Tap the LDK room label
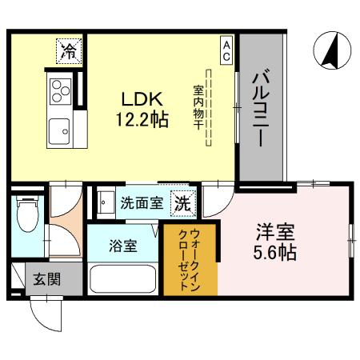click(x=142, y=99)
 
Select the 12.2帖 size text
click(x=142, y=121)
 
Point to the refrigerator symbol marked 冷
click(x=70, y=53)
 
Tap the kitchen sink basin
click(x=60, y=128)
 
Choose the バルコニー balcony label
click(x=262, y=108)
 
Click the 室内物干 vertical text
click(x=197, y=109)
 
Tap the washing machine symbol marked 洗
click(x=183, y=203)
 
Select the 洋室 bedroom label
click(x=276, y=234)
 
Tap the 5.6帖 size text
click(x=276, y=254)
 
